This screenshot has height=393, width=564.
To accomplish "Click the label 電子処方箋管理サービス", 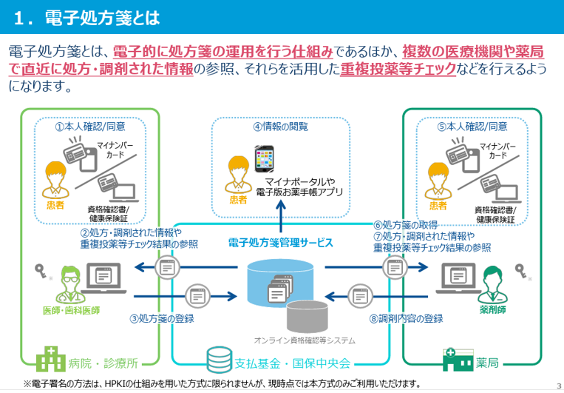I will [x=281, y=242].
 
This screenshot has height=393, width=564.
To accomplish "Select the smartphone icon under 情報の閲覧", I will [x=265, y=160].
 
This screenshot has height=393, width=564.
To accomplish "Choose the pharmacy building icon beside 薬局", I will [x=458, y=360].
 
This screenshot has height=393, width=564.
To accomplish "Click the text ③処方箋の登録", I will [x=162, y=319].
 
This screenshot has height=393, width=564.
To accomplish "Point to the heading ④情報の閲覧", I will [x=280, y=127].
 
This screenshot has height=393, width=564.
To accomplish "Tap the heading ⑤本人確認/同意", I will [x=472, y=127].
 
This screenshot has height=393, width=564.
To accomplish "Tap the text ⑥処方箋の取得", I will [x=406, y=225].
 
